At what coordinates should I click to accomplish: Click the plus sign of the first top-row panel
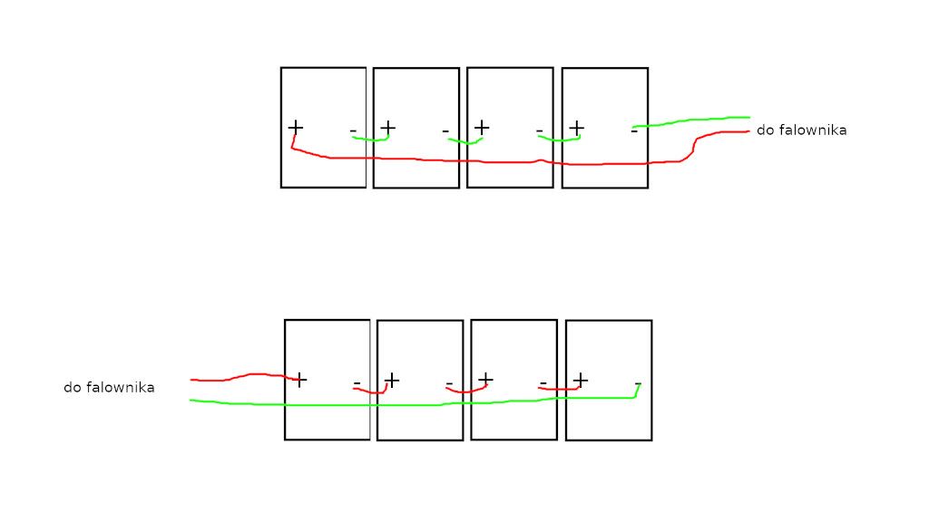pos(295,127)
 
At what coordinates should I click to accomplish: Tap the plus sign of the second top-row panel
pos(387,127)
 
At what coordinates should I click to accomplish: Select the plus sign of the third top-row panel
pos(482,127)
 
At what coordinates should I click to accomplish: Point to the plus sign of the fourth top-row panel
pos(576,127)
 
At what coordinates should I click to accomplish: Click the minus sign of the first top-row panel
pos(353,130)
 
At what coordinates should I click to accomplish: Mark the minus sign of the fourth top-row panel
pos(634,130)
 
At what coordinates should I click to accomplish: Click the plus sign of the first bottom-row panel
pos(299,380)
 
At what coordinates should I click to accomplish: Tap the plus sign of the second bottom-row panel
pos(392,380)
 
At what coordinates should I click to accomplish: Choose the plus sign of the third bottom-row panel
pos(485,379)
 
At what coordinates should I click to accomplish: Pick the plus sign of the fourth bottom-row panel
pos(580,380)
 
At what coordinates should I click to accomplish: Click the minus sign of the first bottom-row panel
pos(357,383)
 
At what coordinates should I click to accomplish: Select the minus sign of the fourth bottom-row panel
pos(638,383)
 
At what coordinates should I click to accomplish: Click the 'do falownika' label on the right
pos(802,130)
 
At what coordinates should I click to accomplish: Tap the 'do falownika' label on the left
pos(109,388)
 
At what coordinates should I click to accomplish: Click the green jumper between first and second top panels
pos(371,140)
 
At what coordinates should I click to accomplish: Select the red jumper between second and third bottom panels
pos(466,391)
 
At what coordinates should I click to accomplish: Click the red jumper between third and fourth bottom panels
pos(559,389)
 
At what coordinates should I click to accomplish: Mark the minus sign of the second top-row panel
pos(445,130)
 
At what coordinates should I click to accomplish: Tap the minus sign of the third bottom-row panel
pos(543,383)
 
